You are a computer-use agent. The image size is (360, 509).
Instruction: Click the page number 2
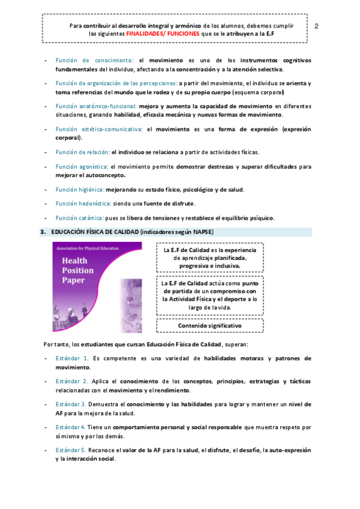[x=316, y=26]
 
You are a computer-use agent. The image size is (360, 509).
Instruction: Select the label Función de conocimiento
[x=94, y=61]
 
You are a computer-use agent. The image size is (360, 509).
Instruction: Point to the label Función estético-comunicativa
[x=98, y=128]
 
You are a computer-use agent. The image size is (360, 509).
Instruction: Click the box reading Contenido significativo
[x=209, y=325]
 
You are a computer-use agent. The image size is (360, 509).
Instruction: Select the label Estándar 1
[x=72, y=358]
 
